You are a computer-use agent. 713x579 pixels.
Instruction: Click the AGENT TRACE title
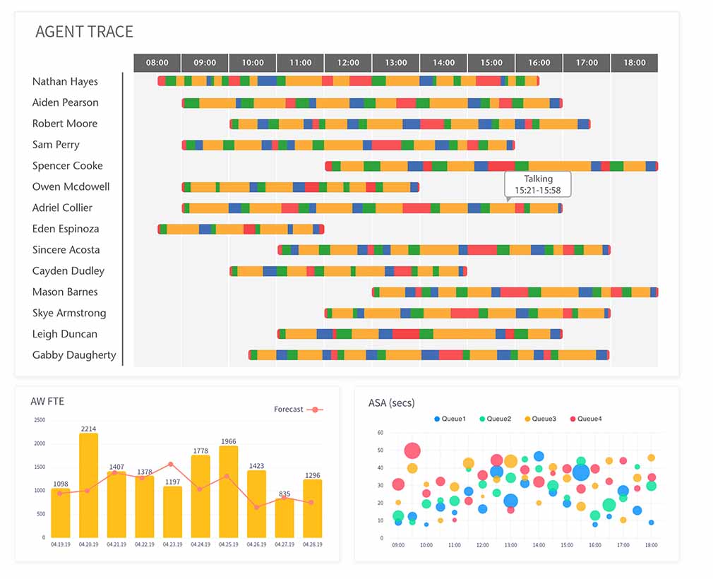click(84, 32)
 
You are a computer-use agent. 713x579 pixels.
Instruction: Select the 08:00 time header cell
click(157, 63)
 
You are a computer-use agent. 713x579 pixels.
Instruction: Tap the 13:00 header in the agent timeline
click(395, 63)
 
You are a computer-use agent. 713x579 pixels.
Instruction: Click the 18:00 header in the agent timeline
click(634, 63)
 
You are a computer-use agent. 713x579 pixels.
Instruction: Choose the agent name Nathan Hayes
click(65, 81)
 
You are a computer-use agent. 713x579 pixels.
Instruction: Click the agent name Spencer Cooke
click(67, 166)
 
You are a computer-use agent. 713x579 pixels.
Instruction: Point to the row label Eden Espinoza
click(66, 229)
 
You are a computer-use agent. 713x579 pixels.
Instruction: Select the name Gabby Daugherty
click(74, 355)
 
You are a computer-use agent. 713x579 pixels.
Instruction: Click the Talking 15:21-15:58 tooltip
click(537, 184)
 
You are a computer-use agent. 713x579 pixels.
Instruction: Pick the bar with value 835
click(284, 518)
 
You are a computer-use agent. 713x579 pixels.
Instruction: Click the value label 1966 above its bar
click(228, 441)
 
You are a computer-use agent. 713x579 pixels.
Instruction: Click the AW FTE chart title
click(47, 402)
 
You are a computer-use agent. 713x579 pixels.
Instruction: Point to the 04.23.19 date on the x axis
click(172, 544)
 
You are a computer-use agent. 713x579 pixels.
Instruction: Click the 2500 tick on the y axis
click(39, 420)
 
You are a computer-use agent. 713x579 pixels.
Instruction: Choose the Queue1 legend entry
click(450, 419)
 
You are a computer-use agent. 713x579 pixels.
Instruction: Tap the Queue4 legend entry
click(585, 419)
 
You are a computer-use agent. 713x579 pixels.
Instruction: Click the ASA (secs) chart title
click(391, 402)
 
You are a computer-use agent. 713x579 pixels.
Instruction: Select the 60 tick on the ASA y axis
click(380, 432)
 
